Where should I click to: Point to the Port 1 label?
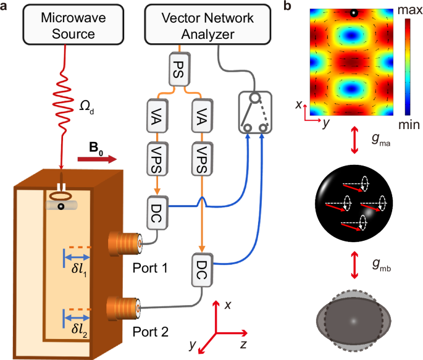tap(150, 266)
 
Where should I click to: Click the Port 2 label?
tap(151, 331)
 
